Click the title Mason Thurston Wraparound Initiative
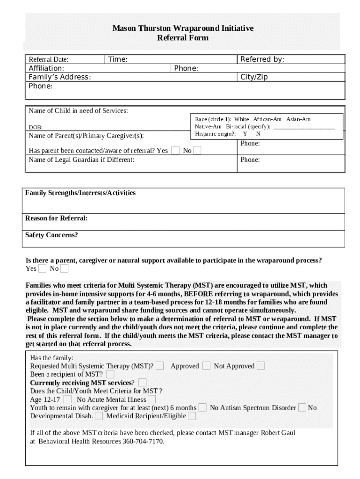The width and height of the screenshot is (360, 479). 183,29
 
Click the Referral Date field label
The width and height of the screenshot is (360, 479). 49,59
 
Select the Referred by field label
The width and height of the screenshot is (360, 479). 262,59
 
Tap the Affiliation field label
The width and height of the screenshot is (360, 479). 46,68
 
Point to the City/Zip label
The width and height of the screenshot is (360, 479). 254,77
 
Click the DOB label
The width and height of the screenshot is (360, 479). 36,127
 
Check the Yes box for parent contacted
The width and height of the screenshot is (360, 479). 175,151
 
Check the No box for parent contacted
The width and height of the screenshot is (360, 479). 197,151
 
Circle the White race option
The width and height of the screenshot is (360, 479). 242,120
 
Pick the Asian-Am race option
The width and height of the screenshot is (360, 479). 298,120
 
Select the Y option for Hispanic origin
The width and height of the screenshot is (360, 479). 245,134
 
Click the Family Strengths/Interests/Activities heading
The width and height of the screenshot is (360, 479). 80,193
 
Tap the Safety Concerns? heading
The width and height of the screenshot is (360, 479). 51,235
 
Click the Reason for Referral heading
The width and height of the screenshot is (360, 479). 56,218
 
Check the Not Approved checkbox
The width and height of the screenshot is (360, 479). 260,366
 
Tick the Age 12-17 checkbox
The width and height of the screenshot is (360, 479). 68,399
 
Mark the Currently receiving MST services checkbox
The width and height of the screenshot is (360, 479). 143,383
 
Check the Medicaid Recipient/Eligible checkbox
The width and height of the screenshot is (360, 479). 192,416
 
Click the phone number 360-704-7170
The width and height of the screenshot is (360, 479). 143,442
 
